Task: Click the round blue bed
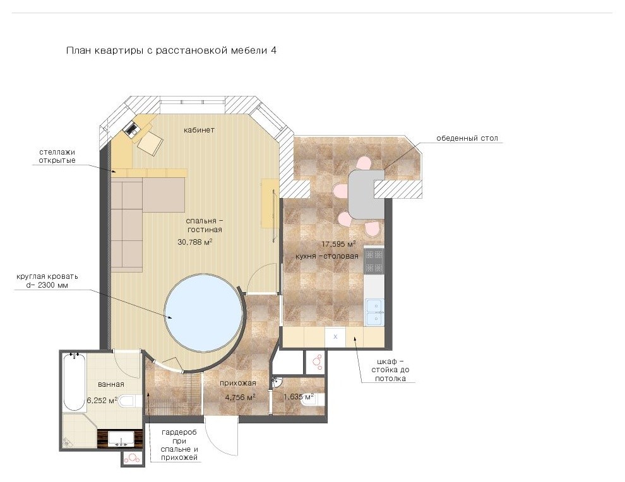tap(204, 312)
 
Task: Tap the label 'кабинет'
tap(199, 130)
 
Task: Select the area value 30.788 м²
tap(194, 242)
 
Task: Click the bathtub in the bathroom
tap(74, 382)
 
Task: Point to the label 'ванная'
tap(111, 384)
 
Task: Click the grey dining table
tap(366, 194)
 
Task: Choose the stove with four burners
tap(374, 261)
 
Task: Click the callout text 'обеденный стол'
tap(467, 138)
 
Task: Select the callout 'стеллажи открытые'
tap(57, 156)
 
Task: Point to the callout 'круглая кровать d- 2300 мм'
tap(47, 281)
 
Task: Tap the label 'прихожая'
tap(237, 383)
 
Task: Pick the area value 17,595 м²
tap(338, 244)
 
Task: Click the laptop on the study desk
tap(132, 129)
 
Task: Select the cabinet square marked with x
tap(335, 337)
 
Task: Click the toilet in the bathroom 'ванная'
tap(130, 401)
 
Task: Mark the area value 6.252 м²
tap(102, 401)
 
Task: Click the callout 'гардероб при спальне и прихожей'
tap(179, 445)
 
